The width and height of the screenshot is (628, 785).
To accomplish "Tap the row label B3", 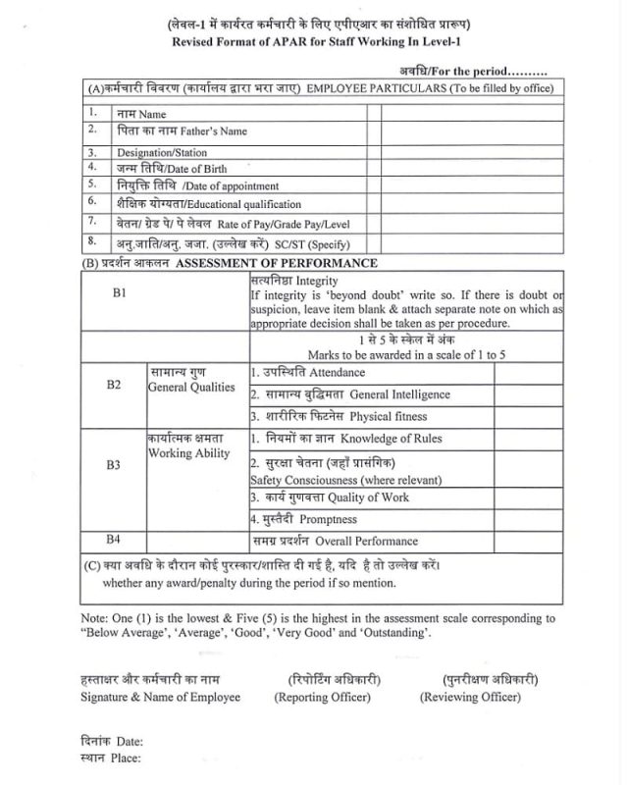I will point(114,465).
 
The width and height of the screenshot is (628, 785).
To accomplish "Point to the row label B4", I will point(114,540).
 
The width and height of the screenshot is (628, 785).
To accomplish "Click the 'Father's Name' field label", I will point(213,131).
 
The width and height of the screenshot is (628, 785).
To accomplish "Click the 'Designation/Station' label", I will point(161,152).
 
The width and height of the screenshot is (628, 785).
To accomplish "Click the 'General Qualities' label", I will point(191,387).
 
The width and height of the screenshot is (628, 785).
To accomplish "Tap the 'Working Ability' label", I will point(188,453).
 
